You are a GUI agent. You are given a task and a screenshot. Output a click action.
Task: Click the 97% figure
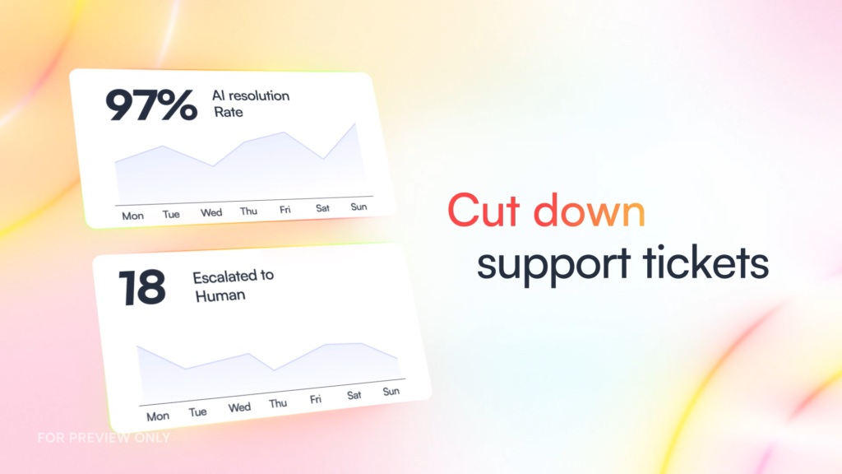click(x=151, y=105)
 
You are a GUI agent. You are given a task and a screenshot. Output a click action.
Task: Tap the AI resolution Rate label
click(x=251, y=104)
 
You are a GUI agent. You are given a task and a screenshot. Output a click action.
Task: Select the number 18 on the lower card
click(x=141, y=287)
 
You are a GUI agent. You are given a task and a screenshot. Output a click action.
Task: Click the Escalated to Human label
click(x=233, y=286)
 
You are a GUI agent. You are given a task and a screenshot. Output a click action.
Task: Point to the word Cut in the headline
click(x=483, y=210)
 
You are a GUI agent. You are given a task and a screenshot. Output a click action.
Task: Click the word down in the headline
click(x=589, y=210)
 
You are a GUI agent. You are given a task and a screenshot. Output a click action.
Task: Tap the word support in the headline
click(x=554, y=265)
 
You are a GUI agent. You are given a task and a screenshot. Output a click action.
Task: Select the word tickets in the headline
click(x=706, y=262)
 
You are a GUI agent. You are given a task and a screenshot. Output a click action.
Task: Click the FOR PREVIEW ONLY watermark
click(x=104, y=438)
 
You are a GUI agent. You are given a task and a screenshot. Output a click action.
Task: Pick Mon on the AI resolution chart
click(x=132, y=216)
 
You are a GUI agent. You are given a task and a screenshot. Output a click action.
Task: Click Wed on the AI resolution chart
click(x=211, y=213)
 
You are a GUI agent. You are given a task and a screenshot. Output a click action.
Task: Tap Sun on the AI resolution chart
click(x=359, y=207)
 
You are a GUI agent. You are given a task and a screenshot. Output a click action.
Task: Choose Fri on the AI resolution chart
click(x=285, y=210)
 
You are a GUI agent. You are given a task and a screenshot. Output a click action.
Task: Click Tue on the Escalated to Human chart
click(x=197, y=412)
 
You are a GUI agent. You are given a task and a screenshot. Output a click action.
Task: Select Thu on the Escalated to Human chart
click(x=278, y=403)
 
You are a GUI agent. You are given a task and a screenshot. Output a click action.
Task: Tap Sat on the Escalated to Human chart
click(x=354, y=396)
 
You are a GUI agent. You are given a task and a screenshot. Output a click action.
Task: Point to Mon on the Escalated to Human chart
click(x=158, y=416)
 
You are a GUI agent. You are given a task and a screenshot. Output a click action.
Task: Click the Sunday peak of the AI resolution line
click(x=355, y=123)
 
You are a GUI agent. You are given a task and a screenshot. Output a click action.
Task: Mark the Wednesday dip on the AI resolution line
click(x=213, y=166)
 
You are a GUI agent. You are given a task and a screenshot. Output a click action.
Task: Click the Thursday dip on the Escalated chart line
click(x=275, y=370)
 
